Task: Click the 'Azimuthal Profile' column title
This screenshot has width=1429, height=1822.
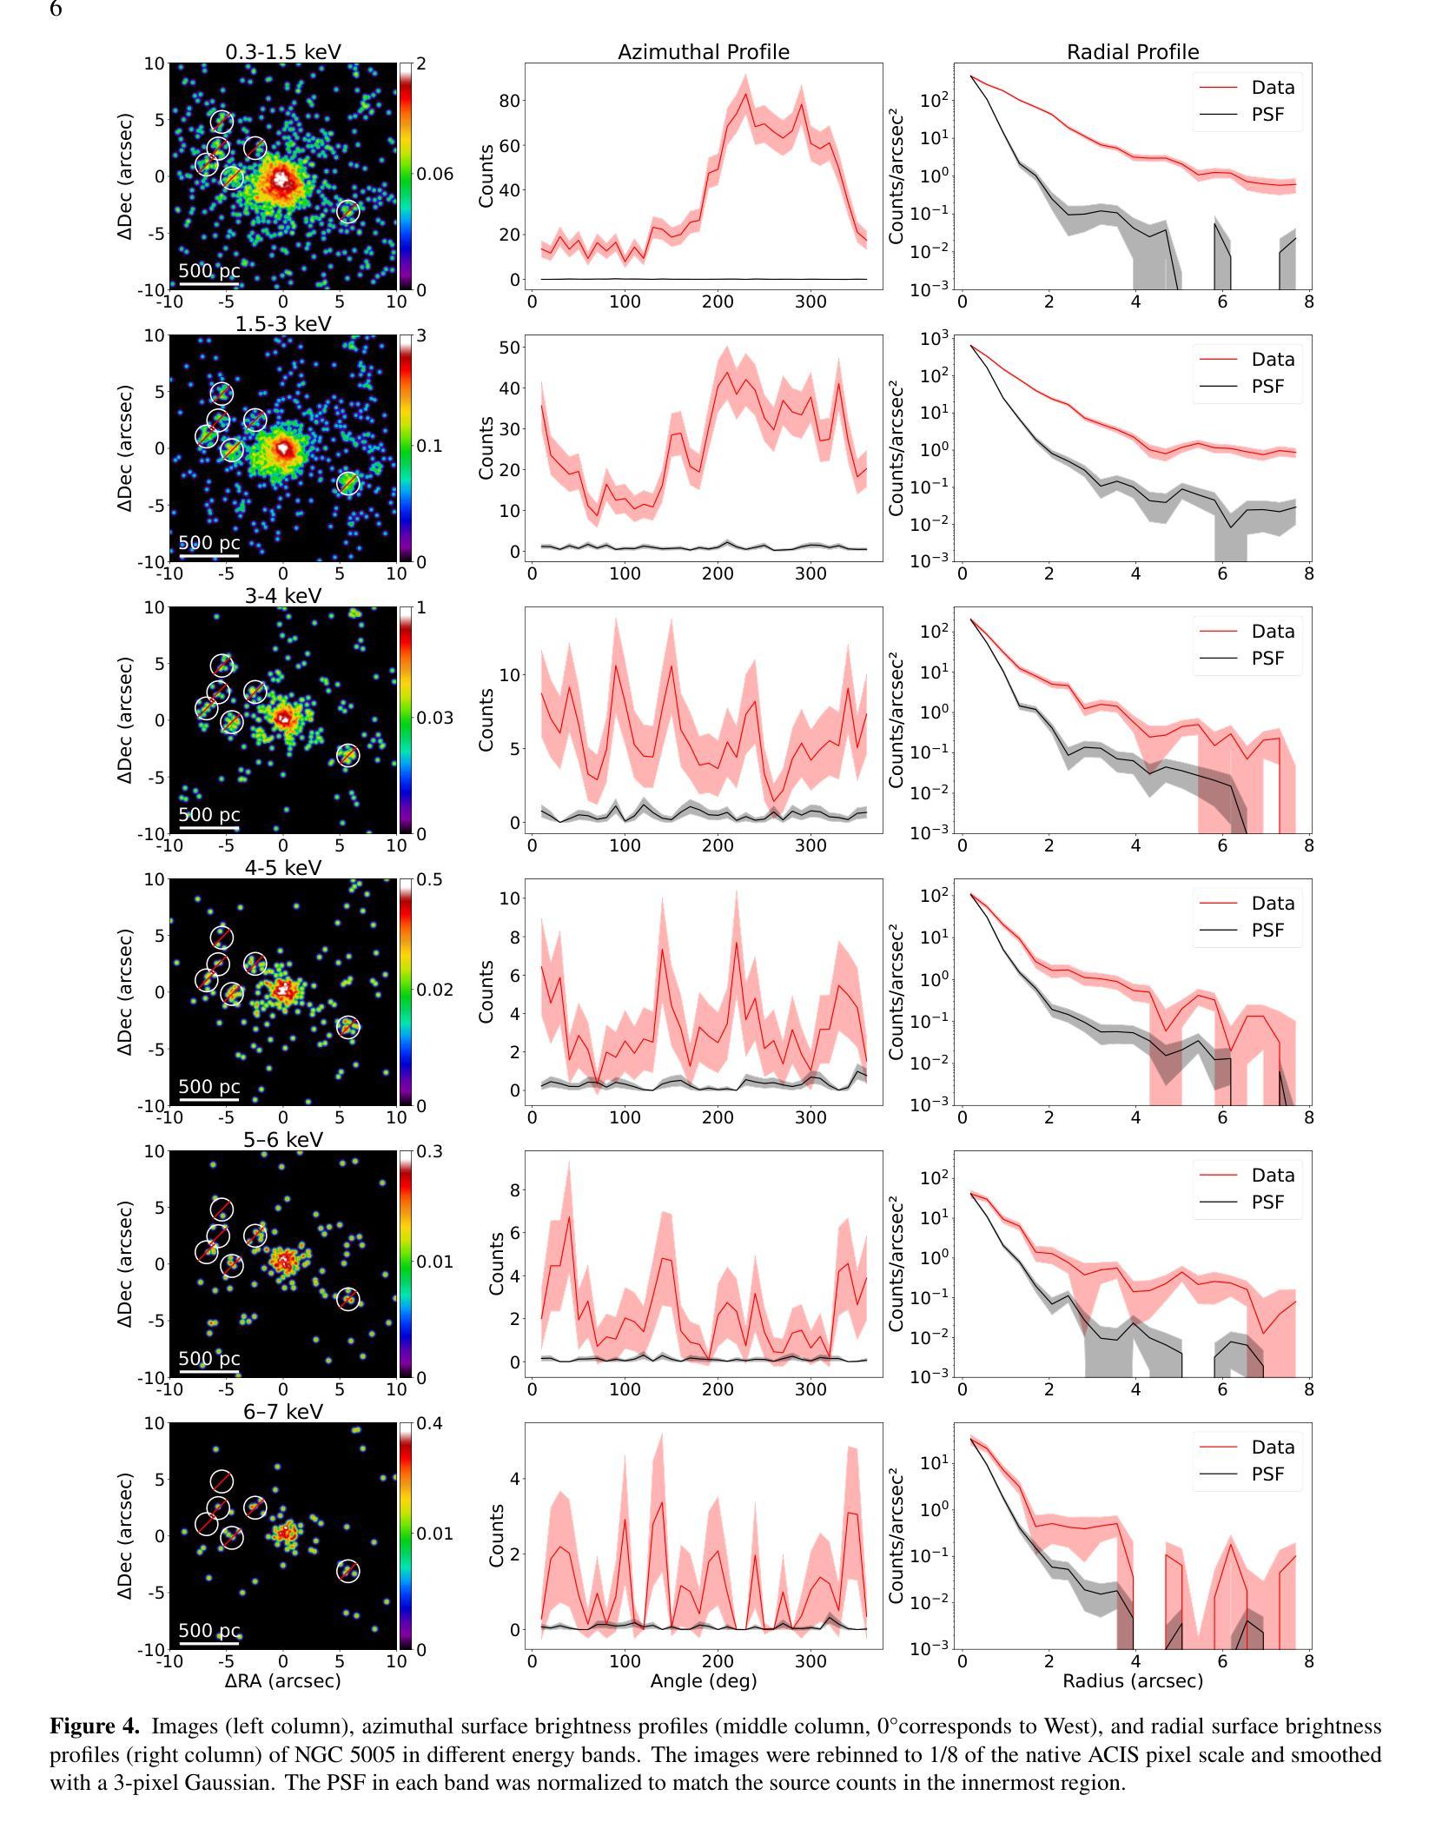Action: coord(704,52)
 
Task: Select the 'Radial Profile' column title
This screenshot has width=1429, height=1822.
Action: coord(1133,52)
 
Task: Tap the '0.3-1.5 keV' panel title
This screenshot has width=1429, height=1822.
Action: coord(283,52)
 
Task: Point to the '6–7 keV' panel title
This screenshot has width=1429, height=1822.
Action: coord(283,1412)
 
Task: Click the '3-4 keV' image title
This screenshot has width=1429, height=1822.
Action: coord(283,596)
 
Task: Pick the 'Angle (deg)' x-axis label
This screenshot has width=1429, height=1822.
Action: coord(704,1680)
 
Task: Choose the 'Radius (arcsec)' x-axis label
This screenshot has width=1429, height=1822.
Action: coord(1133,1680)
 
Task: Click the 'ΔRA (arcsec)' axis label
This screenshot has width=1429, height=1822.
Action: coord(283,1680)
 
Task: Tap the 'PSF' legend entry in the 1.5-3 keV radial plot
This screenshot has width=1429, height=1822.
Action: coord(1267,387)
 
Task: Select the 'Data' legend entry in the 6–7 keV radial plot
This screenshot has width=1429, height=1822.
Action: coord(1273,1448)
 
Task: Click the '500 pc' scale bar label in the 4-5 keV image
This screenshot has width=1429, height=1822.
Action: coord(209,1086)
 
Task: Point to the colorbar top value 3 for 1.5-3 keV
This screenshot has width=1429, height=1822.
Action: coord(421,336)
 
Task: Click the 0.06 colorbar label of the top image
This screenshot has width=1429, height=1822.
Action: coord(435,175)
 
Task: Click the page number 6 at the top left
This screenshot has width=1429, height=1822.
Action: coord(56,10)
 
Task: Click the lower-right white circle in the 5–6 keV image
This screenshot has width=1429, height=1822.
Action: coord(347,1300)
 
